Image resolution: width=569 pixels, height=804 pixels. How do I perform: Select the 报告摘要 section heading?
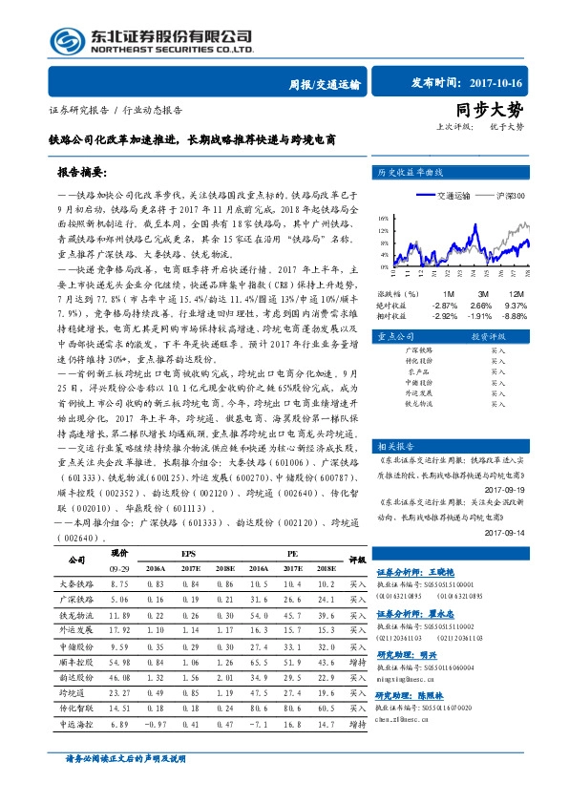[x=84, y=174]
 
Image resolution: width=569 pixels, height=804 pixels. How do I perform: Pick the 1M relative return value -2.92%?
[x=447, y=315]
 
